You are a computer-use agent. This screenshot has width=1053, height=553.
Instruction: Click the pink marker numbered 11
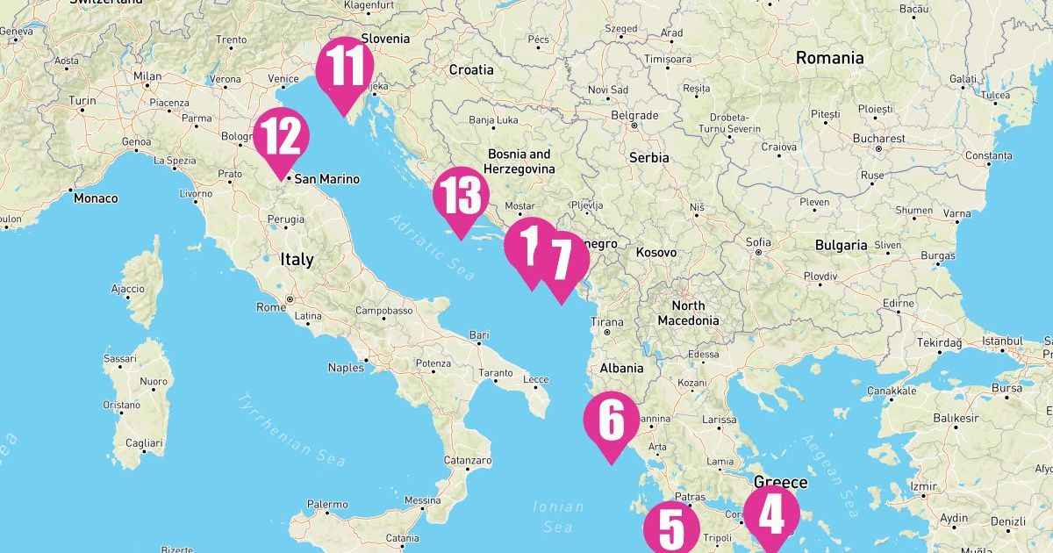(x=344, y=68)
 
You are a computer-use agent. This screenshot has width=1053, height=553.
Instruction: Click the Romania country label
(x=829, y=58)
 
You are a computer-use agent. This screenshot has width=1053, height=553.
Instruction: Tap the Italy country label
(x=296, y=260)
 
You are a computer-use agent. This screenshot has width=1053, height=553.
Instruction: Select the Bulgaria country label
(x=841, y=245)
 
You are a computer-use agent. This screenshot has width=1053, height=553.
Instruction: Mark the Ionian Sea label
(x=559, y=516)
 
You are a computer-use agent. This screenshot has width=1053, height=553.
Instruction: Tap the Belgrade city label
(x=634, y=115)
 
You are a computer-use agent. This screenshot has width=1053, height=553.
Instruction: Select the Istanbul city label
(x=1003, y=341)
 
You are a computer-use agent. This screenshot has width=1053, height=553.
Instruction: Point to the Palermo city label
(x=326, y=505)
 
